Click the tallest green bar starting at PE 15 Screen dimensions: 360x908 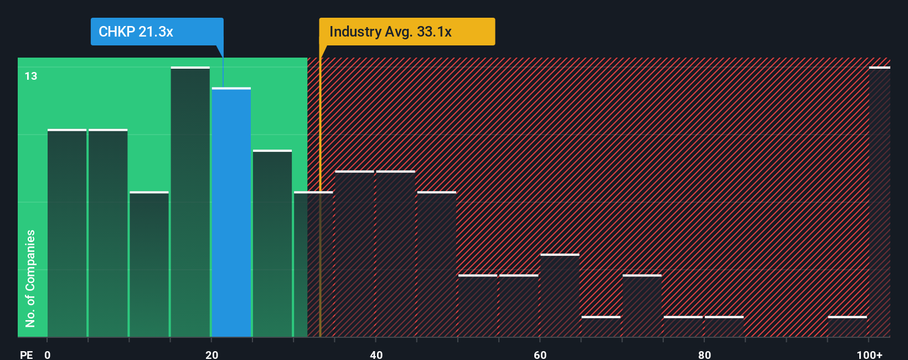(190, 202)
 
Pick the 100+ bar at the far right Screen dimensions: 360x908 (879, 202)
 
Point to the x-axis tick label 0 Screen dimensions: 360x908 (48, 354)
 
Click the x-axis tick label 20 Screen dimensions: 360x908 (211, 354)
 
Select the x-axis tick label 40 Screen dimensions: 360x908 (376, 354)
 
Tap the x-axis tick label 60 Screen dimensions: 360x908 (540, 354)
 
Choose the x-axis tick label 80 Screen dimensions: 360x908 (704, 354)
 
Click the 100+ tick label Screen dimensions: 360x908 (869, 354)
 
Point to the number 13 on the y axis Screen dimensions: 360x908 (31, 76)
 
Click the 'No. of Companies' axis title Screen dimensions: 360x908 (30, 278)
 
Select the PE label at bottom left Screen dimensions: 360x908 (26, 354)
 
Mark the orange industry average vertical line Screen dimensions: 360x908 (320, 222)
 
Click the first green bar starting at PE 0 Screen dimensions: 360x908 (67, 233)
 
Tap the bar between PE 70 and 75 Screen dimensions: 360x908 (642, 306)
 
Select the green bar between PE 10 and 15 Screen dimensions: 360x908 (149, 264)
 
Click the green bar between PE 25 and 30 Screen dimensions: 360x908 (272, 243)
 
